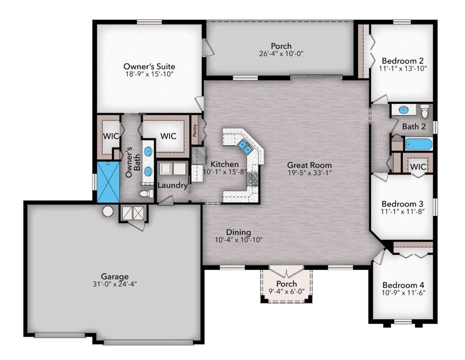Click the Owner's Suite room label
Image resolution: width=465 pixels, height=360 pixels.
pyautogui.click(x=149, y=66)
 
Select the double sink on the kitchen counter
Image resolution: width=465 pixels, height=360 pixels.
pyautogui.click(x=244, y=147)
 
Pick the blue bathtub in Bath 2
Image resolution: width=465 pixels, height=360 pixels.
pyautogui.click(x=419, y=144)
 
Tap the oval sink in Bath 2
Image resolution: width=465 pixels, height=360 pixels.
pyautogui.click(x=403, y=110)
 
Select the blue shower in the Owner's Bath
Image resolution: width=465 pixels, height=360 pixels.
pyautogui.click(x=108, y=182)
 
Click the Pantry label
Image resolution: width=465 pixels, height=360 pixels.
pyautogui.click(x=195, y=130)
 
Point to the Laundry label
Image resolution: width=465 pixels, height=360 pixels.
pyautogui.click(x=172, y=185)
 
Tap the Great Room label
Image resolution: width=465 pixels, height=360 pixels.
pyautogui.click(x=309, y=165)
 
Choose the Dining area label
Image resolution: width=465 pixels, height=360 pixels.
pyautogui.click(x=238, y=232)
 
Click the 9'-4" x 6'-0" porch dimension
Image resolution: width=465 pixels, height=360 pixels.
pyautogui.click(x=287, y=291)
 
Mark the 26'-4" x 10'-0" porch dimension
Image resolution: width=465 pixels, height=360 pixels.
pyautogui.click(x=281, y=53)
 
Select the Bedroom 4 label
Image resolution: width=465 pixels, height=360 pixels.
pyautogui.click(x=403, y=285)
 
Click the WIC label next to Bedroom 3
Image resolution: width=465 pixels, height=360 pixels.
pyautogui.click(x=418, y=167)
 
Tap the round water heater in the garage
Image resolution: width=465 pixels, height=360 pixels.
pyautogui.click(x=108, y=211)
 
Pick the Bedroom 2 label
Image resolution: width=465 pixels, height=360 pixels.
pyautogui.click(x=402, y=61)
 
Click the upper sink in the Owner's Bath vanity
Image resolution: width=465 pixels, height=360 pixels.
pyautogui.click(x=148, y=151)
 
